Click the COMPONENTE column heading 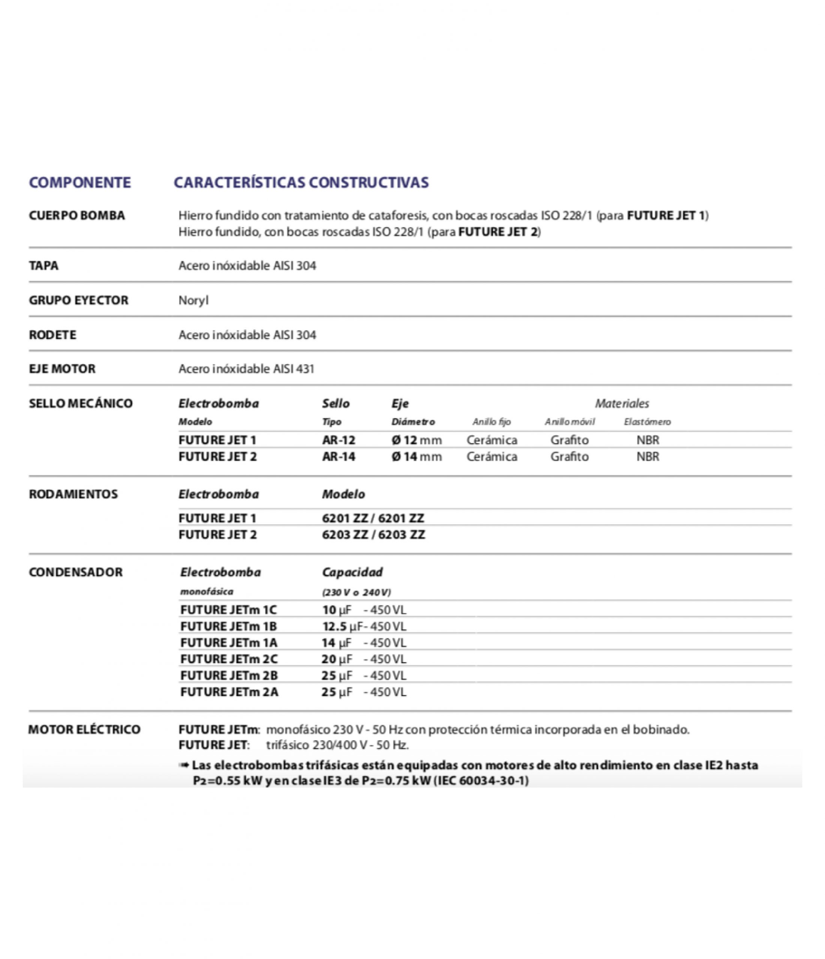[x=80, y=182]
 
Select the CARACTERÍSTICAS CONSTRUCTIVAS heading [x=301, y=182]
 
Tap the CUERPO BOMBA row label [x=77, y=215]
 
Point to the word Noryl [x=194, y=300]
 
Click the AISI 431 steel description [x=246, y=369]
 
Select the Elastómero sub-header [x=647, y=422]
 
